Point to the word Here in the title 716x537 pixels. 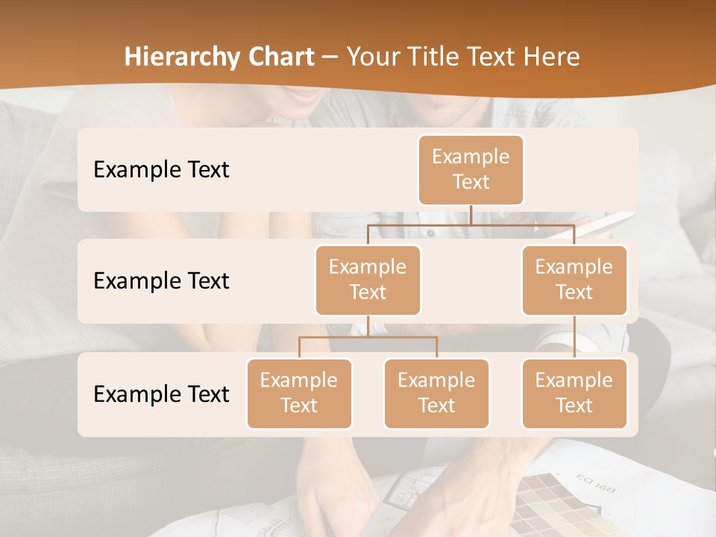tap(550, 57)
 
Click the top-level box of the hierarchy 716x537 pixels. tap(471, 169)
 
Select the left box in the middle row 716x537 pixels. tap(368, 280)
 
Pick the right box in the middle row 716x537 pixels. tap(574, 280)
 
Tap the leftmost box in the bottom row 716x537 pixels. tap(299, 393)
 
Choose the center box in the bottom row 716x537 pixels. tap(436, 393)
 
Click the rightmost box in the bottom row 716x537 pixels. tap(574, 393)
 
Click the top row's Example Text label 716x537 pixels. tap(161, 169)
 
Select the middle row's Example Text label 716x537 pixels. tap(161, 280)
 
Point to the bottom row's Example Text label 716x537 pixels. tap(161, 394)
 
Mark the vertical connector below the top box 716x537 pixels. tap(471, 215)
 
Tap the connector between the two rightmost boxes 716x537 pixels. tap(574, 337)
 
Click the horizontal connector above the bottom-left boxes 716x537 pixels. tap(368, 337)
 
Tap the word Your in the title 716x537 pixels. tap(373, 57)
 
